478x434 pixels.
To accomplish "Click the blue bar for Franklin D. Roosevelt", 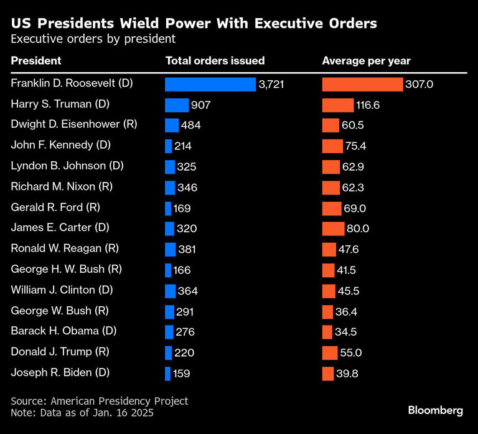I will pos(210,84).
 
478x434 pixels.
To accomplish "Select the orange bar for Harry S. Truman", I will pos(337,105).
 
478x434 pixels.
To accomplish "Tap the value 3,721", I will pos(271,84).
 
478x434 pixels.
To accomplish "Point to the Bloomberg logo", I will pos(435,410).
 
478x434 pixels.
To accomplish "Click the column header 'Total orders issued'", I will pos(215,61).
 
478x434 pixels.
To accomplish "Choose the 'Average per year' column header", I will pos(366,61).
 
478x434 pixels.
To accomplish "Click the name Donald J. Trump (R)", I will pos(60,352).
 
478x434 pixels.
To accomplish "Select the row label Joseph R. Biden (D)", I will pos(60,372).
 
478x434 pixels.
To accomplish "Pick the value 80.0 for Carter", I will pos(357,229).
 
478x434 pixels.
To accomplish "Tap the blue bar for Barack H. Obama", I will pos(169,331).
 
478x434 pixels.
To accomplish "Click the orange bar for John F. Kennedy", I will pos(332,146).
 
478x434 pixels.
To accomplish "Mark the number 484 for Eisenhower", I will pos(190,125).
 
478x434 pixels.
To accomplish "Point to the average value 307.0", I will pos(419,84).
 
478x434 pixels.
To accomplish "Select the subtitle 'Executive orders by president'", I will pos(93,39).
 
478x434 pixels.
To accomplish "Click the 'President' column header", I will pos(35,61).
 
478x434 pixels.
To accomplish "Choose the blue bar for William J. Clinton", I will pos(170,290).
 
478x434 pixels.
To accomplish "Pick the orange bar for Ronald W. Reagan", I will pos(329,249).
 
